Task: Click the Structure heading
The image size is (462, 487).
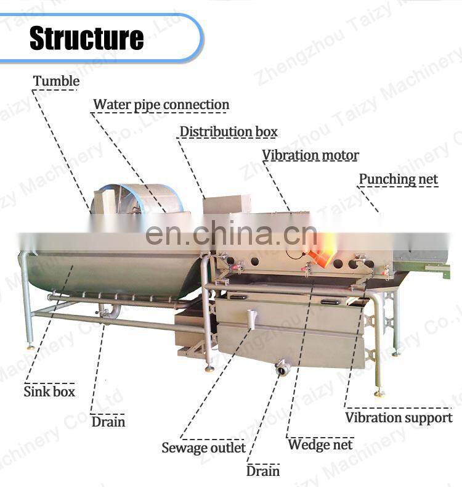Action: pyautogui.click(x=86, y=38)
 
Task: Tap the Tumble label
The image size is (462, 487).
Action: pyautogui.click(x=56, y=81)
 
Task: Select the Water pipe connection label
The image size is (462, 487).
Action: pyautogui.click(x=161, y=105)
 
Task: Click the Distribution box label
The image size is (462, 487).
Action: pyautogui.click(x=229, y=132)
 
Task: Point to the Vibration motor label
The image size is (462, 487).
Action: pyautogui.click(x=310, y=155)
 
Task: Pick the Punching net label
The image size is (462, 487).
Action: pyautogui.click(x=399, y=179)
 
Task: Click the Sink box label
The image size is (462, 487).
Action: pyautogui.click(x=49, y=391)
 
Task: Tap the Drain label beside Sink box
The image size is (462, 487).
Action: pyautogui.click(x=108, y=422)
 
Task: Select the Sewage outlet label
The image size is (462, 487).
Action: pyautogui.click(x=203, y=448)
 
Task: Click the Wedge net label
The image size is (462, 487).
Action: pyautogui.click(x=320, y=444)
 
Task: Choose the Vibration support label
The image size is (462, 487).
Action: pyautogui.click(x=399, y=418)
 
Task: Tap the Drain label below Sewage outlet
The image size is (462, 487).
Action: pyautogui.click(x=263, y=472)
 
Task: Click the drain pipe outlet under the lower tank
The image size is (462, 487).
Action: pyautogui.click(x=283, y=368)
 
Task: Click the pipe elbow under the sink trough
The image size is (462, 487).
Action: pyautogui.click(x=109, y=313)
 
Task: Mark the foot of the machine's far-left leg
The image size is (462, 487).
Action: pyautogui.click(x=30, y=346)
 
